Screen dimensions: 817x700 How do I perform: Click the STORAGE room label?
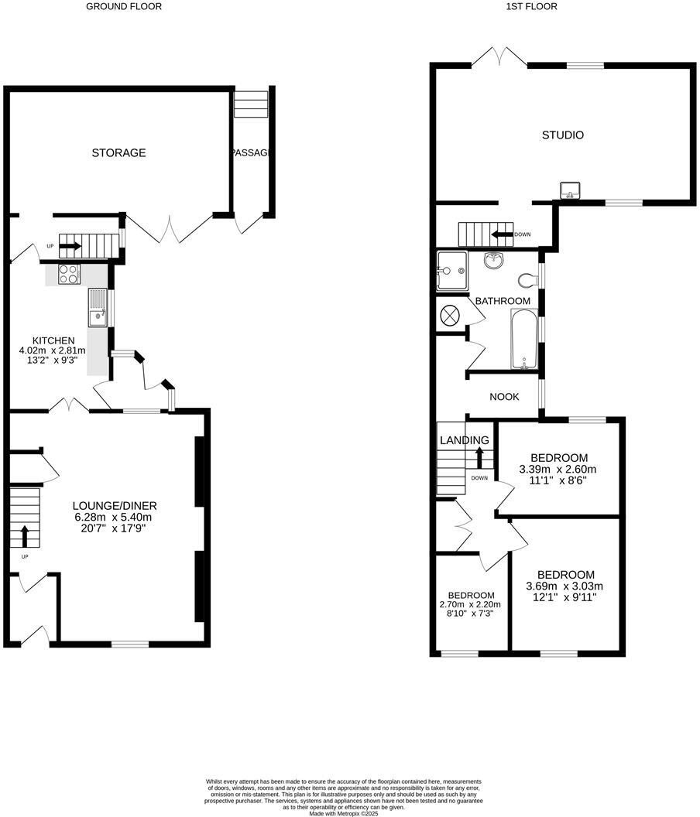point(118,153)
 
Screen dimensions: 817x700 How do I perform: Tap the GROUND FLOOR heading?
point(124,6)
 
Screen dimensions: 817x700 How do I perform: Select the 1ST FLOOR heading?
point(531,6)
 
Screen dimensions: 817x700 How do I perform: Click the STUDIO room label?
point(562,135)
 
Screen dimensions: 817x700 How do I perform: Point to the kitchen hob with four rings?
point(69,273)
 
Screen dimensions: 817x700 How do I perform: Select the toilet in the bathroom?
point(529,279)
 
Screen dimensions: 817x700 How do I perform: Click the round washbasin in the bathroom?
point(492,262)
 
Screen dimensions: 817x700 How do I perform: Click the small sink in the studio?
point(570,190)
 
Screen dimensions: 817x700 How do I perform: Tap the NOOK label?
point(504,397)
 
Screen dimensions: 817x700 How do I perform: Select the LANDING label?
point(465,440)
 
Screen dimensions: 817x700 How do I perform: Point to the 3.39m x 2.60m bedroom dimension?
point(558,470)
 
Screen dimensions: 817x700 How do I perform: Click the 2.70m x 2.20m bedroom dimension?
point(470,605)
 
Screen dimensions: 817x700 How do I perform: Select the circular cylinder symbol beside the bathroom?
point(451,315)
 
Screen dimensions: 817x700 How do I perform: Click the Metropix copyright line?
point(345,813)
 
